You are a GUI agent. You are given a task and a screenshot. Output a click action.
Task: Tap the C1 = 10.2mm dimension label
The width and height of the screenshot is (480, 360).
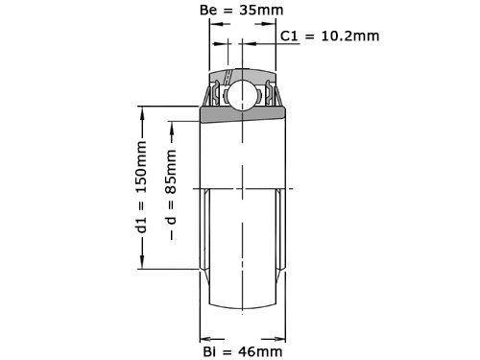[x=330, y=36]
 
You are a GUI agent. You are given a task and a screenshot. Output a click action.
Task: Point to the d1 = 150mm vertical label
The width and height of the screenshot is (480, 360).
[x=142, y=188]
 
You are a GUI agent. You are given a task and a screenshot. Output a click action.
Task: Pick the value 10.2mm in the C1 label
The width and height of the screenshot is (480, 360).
[x=350, y=36]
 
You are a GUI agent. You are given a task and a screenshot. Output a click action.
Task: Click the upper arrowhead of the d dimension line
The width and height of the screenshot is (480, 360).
[x=172, y=125]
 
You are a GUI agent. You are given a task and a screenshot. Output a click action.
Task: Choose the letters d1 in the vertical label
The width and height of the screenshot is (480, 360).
[x=142, y=227]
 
